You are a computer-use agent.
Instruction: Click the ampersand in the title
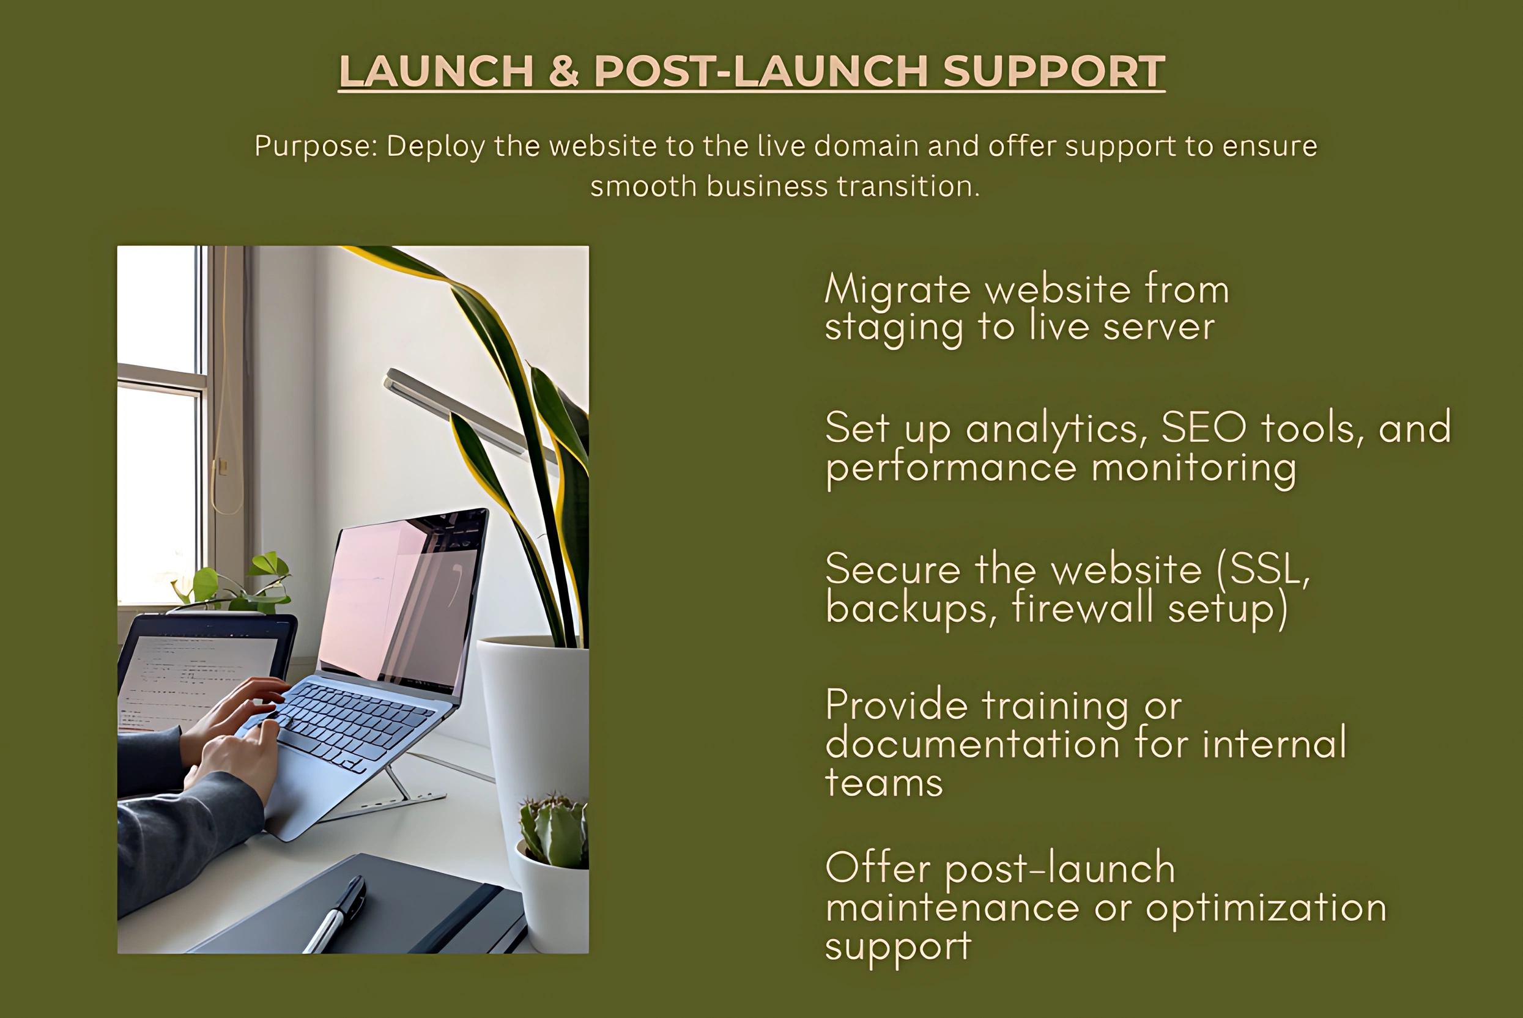[564, 71]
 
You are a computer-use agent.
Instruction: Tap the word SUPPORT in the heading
[1054, 71]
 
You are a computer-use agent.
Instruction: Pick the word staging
[894, 328]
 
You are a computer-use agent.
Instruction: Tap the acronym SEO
[1204, 427]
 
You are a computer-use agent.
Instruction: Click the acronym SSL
[1263, 569]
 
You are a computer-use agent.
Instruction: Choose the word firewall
[1083, 608]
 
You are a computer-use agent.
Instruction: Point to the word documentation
[973, 743]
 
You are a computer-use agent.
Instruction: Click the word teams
[884, 783]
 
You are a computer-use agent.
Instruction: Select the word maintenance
[952, 907]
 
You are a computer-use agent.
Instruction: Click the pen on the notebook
[335, 914]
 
